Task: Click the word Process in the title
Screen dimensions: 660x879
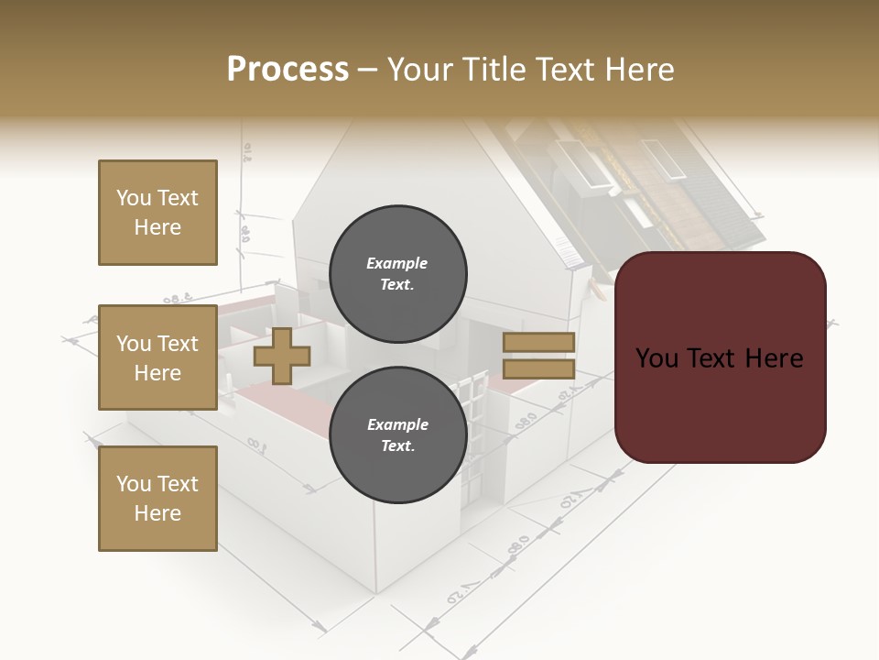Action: coord(288,70)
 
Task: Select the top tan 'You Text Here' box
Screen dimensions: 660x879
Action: coord(157,213)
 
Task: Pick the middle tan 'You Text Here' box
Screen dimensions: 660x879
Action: coord(157,357)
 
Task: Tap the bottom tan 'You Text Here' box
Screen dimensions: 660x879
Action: coord(157,499)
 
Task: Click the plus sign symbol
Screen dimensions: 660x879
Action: coord(281,357)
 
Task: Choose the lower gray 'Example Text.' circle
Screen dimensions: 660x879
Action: coord(397,434)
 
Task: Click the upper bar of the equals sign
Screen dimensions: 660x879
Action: coord(538,343)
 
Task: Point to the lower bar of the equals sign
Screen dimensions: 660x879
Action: coord(538,369)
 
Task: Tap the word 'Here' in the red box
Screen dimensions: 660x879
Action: coord(775,358)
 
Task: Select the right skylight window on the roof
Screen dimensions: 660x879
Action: coord(656,157)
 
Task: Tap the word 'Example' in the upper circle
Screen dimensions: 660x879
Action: coord(397,263)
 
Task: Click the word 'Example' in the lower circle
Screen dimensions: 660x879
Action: coord(397,424)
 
